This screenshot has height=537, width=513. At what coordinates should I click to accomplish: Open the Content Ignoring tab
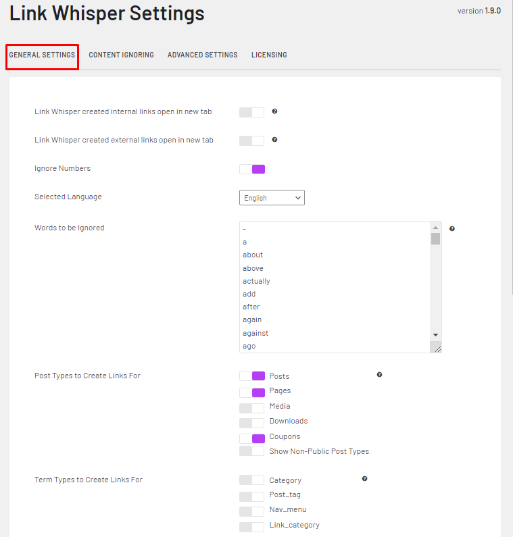121,55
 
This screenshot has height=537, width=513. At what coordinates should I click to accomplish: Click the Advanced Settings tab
202,55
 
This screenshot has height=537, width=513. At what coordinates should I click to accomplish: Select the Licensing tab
269,55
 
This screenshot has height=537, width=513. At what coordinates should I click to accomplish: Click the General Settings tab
42,55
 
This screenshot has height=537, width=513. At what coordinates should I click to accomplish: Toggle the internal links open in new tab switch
251,112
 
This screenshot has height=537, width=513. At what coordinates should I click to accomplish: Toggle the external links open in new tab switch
251,140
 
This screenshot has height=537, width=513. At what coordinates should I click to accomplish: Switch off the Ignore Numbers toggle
251,169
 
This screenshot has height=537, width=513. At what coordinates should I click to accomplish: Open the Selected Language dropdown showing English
272,198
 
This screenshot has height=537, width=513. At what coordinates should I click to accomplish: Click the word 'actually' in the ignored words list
256,281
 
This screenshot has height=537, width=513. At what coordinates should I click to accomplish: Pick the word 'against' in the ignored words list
255,333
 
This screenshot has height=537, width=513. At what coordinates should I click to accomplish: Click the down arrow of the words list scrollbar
435,335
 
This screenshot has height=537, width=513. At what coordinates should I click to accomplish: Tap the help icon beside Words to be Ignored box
452,228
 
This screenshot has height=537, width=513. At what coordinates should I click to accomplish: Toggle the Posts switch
251,376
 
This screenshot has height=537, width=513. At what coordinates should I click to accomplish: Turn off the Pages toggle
251,392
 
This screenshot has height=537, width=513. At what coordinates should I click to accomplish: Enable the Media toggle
251,407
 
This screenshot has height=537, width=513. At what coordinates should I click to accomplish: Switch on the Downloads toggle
251,422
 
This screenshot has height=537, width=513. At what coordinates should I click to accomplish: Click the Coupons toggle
251,438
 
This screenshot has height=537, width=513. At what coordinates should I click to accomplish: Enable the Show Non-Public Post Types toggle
251,451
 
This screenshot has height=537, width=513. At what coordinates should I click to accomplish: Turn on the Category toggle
251,480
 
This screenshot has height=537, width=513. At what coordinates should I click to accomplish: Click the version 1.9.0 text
479,11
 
